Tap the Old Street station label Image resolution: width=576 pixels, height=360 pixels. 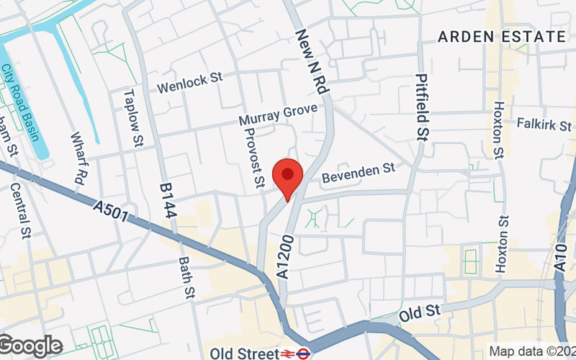point(244,354)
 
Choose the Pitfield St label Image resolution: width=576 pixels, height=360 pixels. point(421,107)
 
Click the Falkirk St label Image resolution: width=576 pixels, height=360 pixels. point(545,123)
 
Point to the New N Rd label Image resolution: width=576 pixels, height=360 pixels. point(311,62)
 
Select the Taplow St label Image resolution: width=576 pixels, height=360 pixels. point(133,119)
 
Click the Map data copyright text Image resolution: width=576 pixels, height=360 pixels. point(531,352)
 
